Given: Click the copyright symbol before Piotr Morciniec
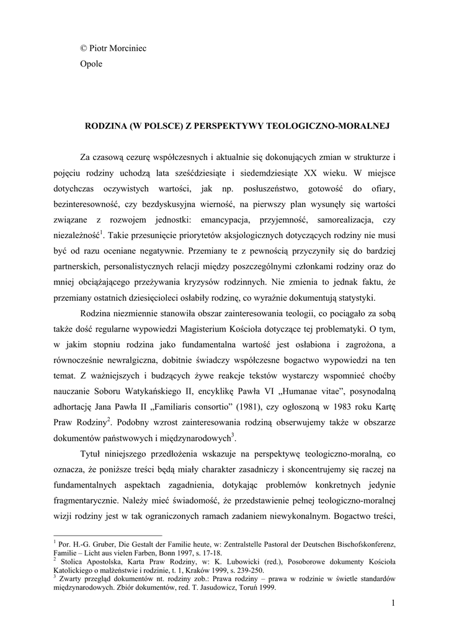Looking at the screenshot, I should point(84,48).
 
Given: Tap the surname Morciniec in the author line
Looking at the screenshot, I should point(130,48).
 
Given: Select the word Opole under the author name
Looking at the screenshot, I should point(92,63).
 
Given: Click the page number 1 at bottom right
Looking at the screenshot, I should point(393,602).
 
